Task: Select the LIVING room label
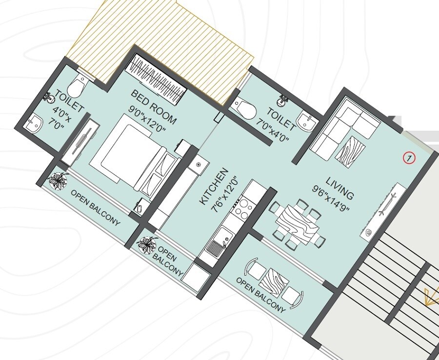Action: pyautogui.click(x=340, y=188)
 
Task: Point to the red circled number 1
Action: pyautogui.click(x=409, y=158)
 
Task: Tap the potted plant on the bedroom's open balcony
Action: pyautogui.click(x=58, y=181)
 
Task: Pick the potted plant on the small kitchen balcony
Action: pyautogui.click(x=147, y=244)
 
